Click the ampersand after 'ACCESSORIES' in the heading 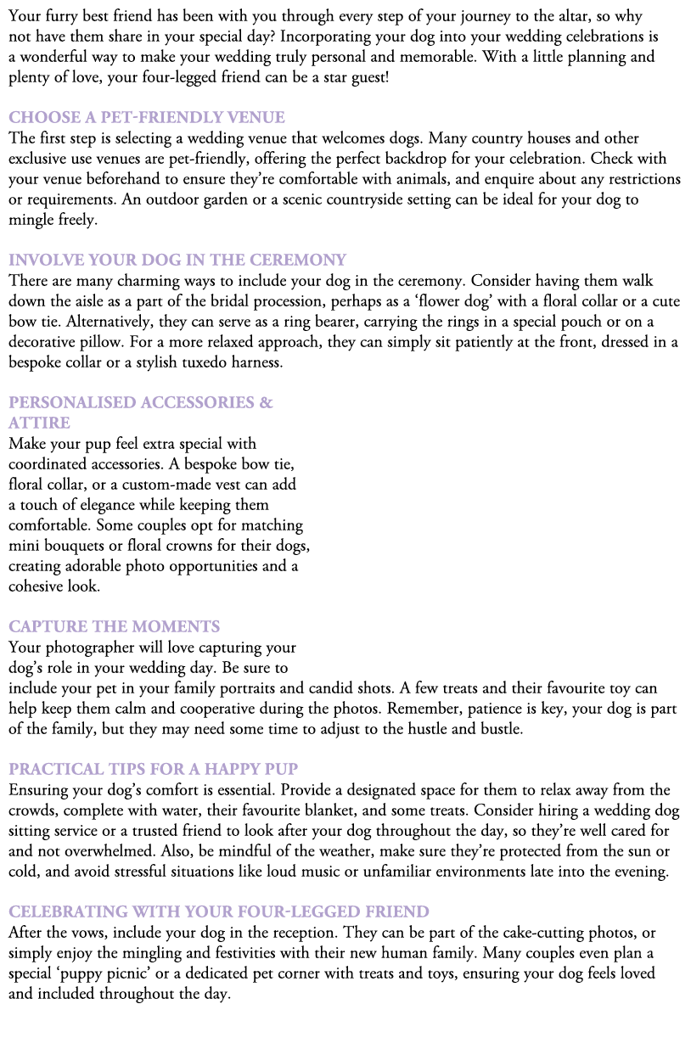[x=267, y=402]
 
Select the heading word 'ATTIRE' [x=39, y=423]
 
